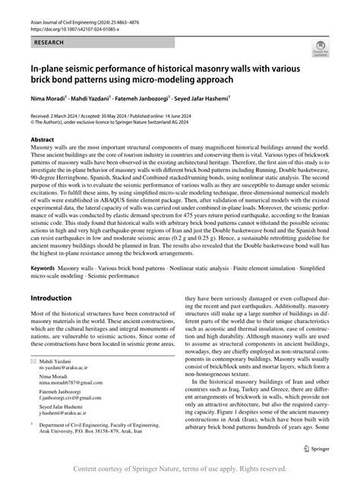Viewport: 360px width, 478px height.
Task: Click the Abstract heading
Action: point(44,140)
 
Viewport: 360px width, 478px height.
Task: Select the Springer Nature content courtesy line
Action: point(180,469)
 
